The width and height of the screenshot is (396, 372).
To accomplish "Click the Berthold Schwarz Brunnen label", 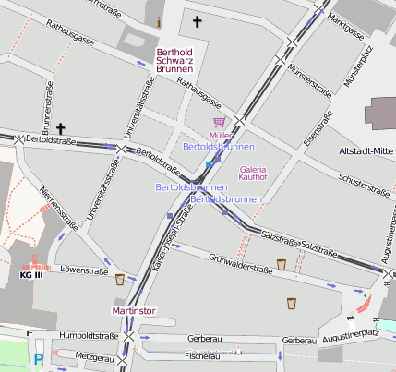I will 175,60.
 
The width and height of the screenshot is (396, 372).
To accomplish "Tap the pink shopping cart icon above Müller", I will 219,122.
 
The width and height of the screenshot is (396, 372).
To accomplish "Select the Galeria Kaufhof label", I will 252,174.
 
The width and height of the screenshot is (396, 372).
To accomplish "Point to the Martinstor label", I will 136,311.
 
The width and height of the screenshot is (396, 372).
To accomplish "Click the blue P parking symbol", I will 38,360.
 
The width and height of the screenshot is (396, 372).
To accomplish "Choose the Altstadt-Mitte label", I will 366,150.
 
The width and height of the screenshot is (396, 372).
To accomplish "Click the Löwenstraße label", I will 79,271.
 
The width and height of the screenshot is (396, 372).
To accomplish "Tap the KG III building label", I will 31,274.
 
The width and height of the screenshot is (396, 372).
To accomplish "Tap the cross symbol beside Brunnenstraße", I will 61,127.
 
